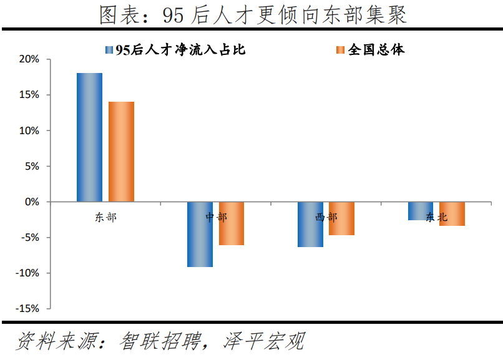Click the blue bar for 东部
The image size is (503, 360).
[89, 137]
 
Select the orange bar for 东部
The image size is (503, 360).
[121, 152]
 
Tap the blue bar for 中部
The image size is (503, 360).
[200, 234]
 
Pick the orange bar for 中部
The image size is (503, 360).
[232, 223]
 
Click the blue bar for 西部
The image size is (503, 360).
[310, 224]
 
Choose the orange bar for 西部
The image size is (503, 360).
[341, 218]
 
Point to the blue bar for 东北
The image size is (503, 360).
[421, 211]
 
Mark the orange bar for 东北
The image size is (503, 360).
[452, 213]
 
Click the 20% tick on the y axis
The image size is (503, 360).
[29, 59]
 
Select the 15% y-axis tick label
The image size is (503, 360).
[29, 95]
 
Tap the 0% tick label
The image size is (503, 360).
[32, 202]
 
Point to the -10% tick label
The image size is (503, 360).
[27, 273]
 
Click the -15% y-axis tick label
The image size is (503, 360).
[27, 309]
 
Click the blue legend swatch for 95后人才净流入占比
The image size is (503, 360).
[110, 50]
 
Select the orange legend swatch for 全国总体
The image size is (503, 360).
[339, 50]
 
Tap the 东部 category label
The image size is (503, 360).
[105, 217]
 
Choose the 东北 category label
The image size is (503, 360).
[436, 217]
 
